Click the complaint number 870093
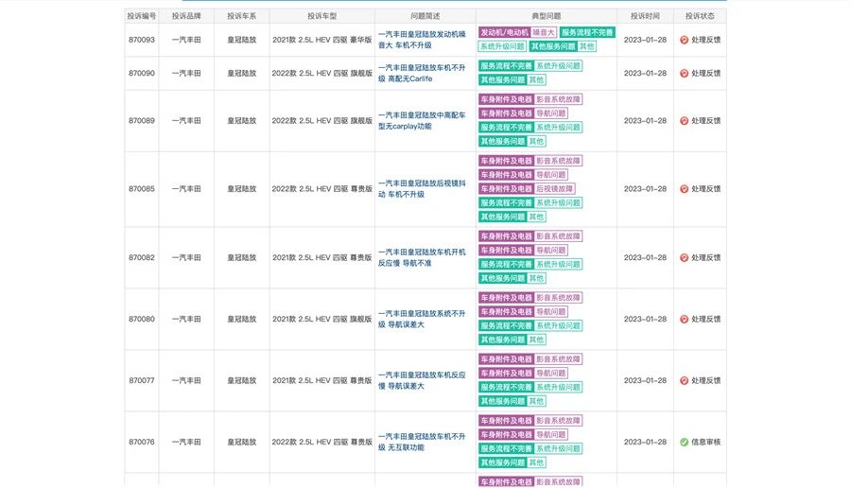(x=142, y=39)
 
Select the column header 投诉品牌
(x=186, y=16)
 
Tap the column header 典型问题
(x=546, y=16)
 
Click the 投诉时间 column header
(x=645, y=16)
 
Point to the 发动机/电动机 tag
(x=504, y=32)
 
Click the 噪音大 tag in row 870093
(x=544, y=32)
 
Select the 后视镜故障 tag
(x=554, y=188)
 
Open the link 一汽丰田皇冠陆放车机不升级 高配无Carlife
(x=421, y=73)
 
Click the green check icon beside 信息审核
(x=684, y=442)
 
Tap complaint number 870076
(x=142, y=442)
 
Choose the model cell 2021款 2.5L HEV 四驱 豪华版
(x=321, y=39)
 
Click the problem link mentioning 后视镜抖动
(x=421, y=188)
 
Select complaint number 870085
(x=142, y=188)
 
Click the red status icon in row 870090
(x=684, y=73)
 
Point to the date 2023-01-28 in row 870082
(x=645, y=257)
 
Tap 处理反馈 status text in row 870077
(x=705, y=380)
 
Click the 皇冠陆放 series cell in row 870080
(x=241, y=319)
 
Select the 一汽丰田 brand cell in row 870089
(x=186, y=120)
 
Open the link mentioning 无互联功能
(x=421, y=442)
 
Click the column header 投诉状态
(x=700, y=16)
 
